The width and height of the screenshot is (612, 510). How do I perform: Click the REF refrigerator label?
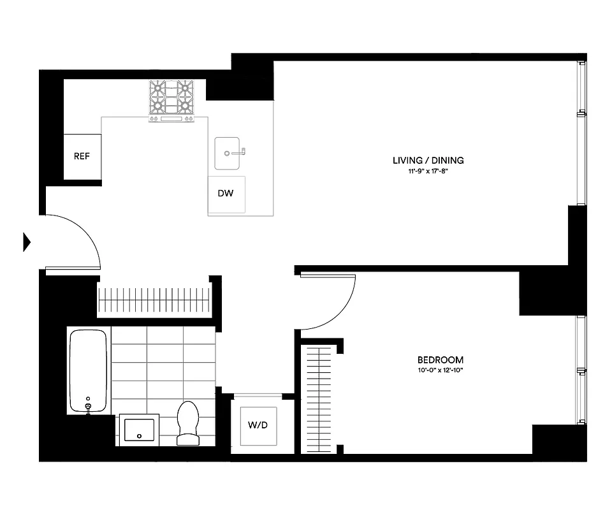(82, 156)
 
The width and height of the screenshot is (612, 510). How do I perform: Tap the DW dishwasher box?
(226, 194)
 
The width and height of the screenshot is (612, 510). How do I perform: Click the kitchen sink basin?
(228, 153)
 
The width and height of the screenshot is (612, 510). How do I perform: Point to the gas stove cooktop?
(171, 99)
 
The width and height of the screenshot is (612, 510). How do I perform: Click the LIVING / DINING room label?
(428, 161)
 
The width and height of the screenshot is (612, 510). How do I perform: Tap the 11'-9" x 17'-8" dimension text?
(428, 171)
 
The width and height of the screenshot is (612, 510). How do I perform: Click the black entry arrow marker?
(27, 242)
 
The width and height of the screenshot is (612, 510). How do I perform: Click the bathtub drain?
(88, 405)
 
